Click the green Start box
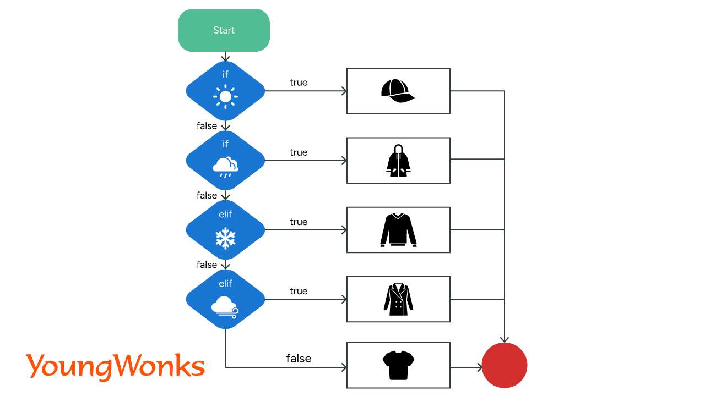click(224, 30)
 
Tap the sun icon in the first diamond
click(225, 97)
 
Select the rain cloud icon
click(225, 166)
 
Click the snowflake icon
click(225, 237)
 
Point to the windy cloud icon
click(225, 306)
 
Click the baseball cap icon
click(398, 91)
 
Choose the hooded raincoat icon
click(398, 161)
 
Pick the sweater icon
click(398, 229)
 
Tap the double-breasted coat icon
click(398, 299)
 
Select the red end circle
click(505, 365)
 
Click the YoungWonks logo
click(115, 366)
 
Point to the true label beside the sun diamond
click(299, 82)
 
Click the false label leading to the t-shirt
click(299, 359)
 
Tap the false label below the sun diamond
click(207, 126)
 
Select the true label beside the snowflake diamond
click(299, 222)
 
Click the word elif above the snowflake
click(225, 215)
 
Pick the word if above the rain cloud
click(225, 144)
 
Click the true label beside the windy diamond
click(299, 291)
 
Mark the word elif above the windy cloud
click(225, 284)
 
